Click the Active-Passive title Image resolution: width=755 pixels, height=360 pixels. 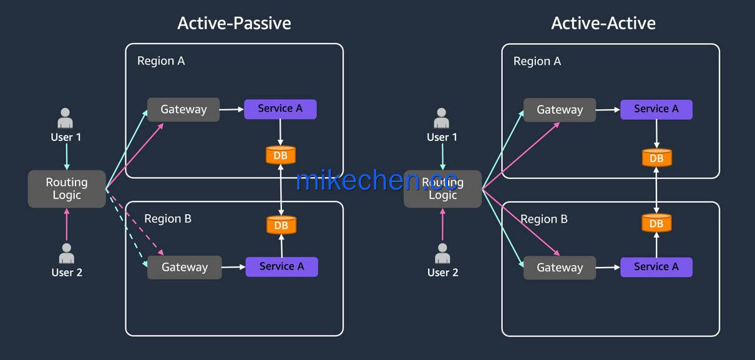pyautogui.click(x=234, y=24)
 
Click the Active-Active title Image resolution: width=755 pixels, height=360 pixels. pyautogui.click(x=603, y=24)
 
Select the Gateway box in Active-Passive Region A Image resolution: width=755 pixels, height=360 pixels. pyautogui.click(x=183, y=110)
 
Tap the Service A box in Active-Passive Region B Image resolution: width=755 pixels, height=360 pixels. pyautogui.click(x=282, y=266)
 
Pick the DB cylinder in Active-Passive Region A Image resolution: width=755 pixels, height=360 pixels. pyautogui.click(x=281, y=155)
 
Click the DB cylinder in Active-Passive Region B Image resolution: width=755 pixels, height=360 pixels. pyautogui.click(x=281, y=225)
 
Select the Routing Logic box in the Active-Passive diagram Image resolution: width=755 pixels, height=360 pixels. pyautogui.click(x=67, y=189)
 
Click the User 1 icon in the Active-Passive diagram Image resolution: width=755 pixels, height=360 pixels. pyautogui.click(x=66, y=118)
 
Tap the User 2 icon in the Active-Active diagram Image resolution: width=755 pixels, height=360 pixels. pyautogui.click(x=442, y=253)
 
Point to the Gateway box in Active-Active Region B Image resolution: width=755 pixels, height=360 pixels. pyautogui.click(x=560, y=268)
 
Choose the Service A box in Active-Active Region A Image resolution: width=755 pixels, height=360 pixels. pyautogui.click(x=656, y=109)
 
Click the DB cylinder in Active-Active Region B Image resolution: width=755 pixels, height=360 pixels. pyautogui.click(x=656, y=223)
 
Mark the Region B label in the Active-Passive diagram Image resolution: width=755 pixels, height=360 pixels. pyautogui.click(x=168, y=219)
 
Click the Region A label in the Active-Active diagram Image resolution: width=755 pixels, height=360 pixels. pyautogui.click(x=537, y=61)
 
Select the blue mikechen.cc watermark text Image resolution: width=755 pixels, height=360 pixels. pyautogui.click(x=376, y=180)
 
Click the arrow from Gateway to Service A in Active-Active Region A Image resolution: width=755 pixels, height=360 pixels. pyautogui.click(x=608, y=110)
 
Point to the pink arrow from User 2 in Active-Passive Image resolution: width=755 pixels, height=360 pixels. pyautogui.click(x=67, y=225)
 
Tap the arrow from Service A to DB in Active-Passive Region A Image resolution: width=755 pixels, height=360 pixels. pyautogui.click(x=280, y=132)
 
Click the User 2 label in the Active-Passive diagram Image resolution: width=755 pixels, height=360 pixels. pyautogui.click(x=67, y=273)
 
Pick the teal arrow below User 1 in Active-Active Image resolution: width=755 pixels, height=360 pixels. pyautogui.click(x=442, y=157)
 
